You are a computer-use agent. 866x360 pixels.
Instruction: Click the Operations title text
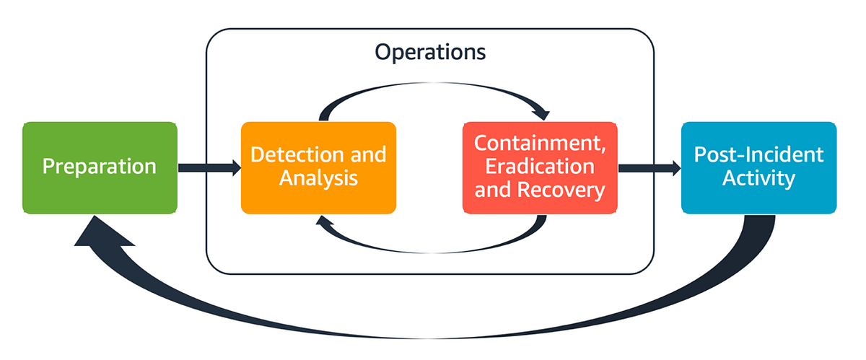coord(430,53)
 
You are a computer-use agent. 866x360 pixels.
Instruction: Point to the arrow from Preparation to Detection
coord(209,168)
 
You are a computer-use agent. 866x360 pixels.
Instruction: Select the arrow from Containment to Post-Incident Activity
coord(649,168)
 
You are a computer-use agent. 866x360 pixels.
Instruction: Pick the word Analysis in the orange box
coord(318,178)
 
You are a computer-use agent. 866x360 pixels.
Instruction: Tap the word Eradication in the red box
coord(540,166)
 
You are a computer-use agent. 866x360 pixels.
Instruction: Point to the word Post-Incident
coord(758,154)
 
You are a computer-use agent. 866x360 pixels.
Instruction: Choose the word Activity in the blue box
coord(758,178)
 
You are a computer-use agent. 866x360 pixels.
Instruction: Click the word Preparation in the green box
coord(100,167)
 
